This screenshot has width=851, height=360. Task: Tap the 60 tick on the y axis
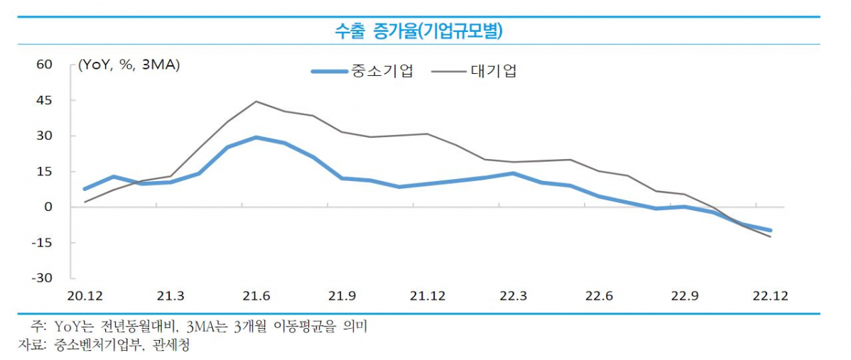pos(44,65)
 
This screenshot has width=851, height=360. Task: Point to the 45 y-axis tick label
pos(44,100)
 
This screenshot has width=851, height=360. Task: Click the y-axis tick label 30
pos(44,136)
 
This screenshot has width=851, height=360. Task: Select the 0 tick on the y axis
pos(48,207)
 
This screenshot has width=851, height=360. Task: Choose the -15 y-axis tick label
pos(42,242)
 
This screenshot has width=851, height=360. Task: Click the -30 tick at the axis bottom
pos(42,278)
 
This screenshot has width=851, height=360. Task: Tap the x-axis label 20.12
pos(85,296)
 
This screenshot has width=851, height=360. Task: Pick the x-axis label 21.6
pos(256,296)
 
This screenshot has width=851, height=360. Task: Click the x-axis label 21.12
pos(427,296)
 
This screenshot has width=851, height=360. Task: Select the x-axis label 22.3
pos(512,296)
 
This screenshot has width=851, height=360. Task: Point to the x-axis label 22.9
pos(683,296)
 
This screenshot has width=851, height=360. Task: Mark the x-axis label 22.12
pos(770,296)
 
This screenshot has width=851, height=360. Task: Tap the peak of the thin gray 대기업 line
pos(256,102)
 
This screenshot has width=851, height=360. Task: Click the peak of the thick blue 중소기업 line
pos(256,137)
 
